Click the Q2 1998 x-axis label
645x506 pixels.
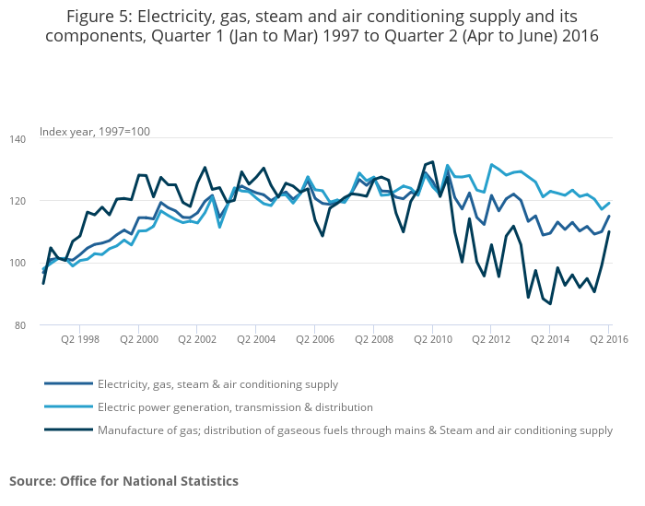79,339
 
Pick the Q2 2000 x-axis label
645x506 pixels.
138,339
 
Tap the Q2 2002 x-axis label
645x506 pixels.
197,339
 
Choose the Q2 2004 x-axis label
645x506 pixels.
256,339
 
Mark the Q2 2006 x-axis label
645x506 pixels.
315,339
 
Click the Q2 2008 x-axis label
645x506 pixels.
374,339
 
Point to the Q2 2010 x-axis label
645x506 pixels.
433,339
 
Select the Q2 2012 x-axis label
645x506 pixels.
492,339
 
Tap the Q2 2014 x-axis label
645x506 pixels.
551,339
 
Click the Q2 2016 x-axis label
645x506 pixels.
607,339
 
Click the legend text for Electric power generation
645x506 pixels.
235,406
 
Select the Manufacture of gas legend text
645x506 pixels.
355,430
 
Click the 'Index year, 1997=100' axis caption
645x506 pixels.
94,132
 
